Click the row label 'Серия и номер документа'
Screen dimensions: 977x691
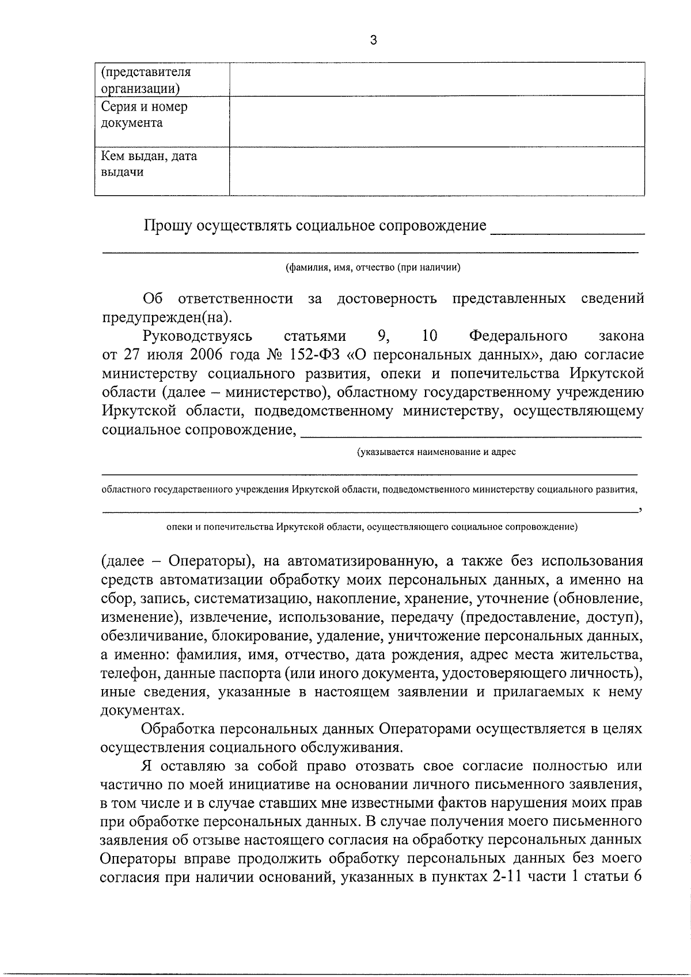pyautogui.click(x=144, y=115)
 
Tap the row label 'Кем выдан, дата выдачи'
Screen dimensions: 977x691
pyautogui.click(x=149, y=164)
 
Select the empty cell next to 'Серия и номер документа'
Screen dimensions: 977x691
pyautogui.click(x=436, y=121)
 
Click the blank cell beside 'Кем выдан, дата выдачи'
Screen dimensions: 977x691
pyautogui.click(x=436, y=171)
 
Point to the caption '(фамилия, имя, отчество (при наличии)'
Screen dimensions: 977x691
pyautogui.click(x=373, y=268)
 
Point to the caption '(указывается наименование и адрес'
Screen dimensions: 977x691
pyautogui.click(x=436, y=452)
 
